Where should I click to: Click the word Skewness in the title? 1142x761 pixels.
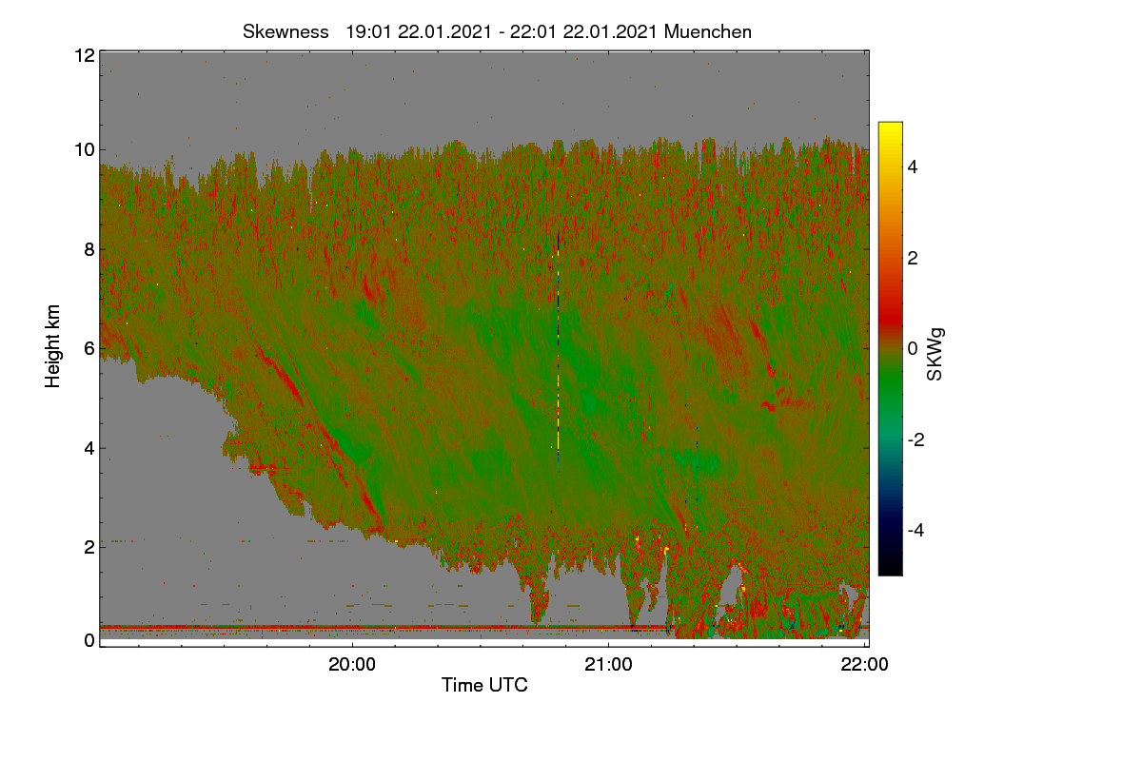(x=285, y=32)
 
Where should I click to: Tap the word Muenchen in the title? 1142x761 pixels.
(x=708, y=32)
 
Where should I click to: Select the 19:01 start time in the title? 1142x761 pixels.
(x=368, y=32)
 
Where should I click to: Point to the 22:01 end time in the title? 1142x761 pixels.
(x=533, y=32)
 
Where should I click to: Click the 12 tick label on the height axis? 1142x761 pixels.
(x=85, y=55)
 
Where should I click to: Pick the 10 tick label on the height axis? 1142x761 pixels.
(x=85, y=150)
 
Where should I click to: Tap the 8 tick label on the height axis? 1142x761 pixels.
(x=89, y=249)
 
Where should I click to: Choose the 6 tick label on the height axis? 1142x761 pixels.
(x=89, y=349)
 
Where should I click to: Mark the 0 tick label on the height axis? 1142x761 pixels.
(x=89, y=640)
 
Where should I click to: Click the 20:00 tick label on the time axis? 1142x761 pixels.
(x=352, y=665)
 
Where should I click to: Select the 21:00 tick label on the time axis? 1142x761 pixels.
(x=608, y=665)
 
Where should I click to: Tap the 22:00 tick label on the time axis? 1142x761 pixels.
(x=865, y=665)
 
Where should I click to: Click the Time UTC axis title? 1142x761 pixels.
(x=484, y=685)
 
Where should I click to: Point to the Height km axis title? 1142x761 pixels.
(x=52, y=346)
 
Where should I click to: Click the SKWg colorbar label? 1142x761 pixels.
(x=935, y=355)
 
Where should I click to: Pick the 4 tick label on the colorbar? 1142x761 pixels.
(x=913, y=167)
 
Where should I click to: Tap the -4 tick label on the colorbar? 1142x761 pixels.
(x=916, y=531)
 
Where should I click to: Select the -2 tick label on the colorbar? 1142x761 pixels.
(x=916, y=439)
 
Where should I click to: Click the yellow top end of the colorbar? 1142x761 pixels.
(x=890, y=125)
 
